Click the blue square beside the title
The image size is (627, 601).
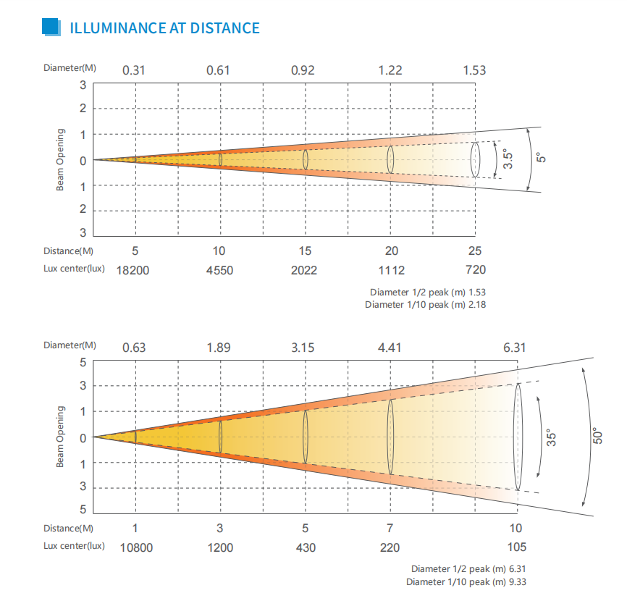(51, 28)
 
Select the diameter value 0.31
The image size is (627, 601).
(134, 70)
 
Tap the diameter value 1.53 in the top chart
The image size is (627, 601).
(474, 70)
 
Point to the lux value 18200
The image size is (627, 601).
(135, 270)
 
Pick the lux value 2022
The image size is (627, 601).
(305, 270)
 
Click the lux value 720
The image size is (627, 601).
(476, 270)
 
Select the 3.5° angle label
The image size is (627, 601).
(508, 159)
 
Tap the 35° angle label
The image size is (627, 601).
(551, 438)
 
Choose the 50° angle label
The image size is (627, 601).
(598, 437)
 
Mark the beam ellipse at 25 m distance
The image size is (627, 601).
(476, 159)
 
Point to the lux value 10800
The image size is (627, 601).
(135, 547)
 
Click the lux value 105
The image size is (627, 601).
(516, 547)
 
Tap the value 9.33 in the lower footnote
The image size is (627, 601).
(516, 581)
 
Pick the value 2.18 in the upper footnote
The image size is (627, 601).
(477, 305)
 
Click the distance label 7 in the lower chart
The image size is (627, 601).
(390, 528)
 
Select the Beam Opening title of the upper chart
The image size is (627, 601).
(61, 160)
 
